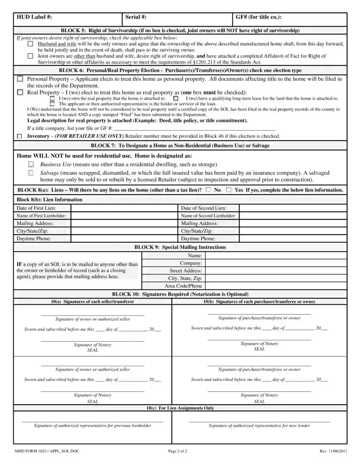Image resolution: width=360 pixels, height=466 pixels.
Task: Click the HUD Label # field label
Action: click(x=34, y=17)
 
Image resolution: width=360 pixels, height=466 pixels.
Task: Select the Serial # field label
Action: click(x=136, y=17)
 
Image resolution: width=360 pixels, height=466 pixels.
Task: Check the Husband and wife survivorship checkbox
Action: click(x=30, y=45)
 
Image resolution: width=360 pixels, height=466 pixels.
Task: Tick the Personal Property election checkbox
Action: click(x=20, y=79)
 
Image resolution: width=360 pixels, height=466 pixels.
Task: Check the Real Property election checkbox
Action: click(x=20, y=93)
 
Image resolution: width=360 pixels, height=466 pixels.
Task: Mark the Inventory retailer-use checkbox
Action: click(x=19, y=136)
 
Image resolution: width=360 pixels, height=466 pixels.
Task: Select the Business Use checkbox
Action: click(x=30, y=164)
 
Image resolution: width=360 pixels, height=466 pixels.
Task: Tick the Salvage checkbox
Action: click(x=30, y=173)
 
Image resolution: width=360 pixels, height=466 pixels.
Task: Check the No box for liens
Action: click(x=208, y=190)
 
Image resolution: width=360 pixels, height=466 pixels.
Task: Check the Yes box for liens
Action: click(x=229, y=190)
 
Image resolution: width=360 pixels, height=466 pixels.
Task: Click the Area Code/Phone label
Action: click(x=184, y=286)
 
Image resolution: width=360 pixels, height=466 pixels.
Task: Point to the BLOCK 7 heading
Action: click(x=180, y=145)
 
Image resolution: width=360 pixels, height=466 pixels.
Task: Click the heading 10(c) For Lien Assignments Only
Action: click(x=180, y=408)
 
